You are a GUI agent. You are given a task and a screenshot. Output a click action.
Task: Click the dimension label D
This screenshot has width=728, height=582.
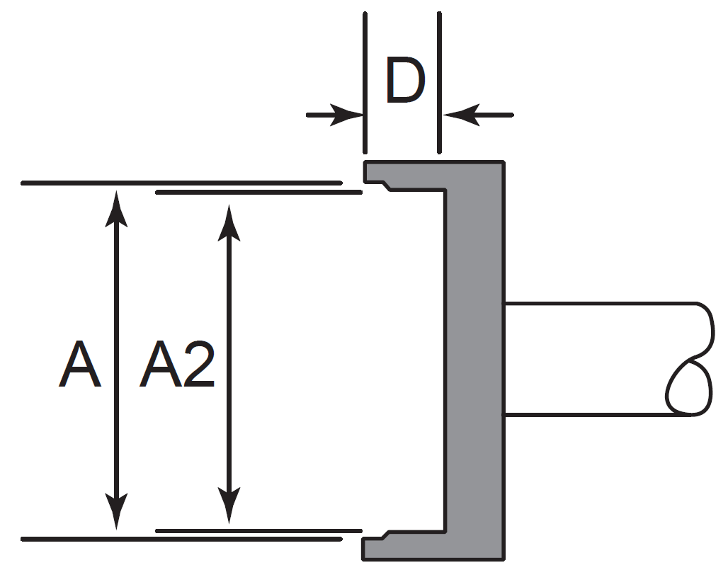pyautogui.click(x=404, y=82)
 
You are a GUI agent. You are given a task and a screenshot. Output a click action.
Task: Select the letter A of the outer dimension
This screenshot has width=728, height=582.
pyautogui.click(x=79, y=365)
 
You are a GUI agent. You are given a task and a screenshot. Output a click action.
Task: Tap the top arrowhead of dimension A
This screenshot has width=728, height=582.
pyautogui.click(x=117, y=205)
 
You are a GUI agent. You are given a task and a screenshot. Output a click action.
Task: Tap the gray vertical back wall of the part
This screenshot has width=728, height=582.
pyautogui.click(x=475, y=361)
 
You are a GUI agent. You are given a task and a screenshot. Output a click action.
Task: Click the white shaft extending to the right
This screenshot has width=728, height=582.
pyautogui.click(x=595, y=359)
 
